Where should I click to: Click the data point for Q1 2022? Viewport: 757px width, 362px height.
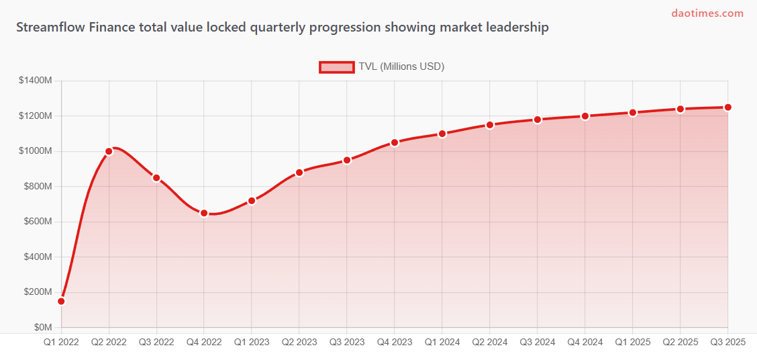pyautogui.click(x=61, y=301)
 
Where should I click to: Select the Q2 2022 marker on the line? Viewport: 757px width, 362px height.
pyautogui.click(x=109, y=151)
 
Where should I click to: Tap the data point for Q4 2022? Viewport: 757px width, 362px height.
pyautogui.click(x=204, y=213)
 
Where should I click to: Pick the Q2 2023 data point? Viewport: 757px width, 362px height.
pyautogui.click(x=299, y=172)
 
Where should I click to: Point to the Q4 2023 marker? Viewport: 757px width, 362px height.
pyautogui.click(x=395, y=142)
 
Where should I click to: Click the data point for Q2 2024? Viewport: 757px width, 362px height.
pyautogui.click(x=490, y=125)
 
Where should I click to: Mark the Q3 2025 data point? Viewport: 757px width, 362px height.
pyautogui.click(x=727, y=107)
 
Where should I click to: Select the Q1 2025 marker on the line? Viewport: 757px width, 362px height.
pyautogui.click(x=633, y=113)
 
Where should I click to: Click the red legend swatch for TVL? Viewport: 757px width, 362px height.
pyautogui.click(x=336, y=66)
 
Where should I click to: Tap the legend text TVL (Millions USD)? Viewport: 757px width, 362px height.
pyautogui.click(x=401, y=66)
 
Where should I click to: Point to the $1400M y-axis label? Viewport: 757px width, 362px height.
pyautogui.click(x=36, y=81)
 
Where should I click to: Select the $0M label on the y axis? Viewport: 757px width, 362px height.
pyautogui.click(x=43, y=327)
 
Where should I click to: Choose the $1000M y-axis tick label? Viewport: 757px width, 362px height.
pyautogui.click(x=36, y=151)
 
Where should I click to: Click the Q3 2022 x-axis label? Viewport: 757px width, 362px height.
pyautogui.click(x=156, y=342)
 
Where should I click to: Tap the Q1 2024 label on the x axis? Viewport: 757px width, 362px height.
pyautogui.click(x=442, y=342)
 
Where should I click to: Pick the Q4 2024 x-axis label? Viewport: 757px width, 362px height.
pyautogui.click(x=585, y=342)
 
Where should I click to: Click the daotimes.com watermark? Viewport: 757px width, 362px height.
pyautogui.click(x=707, y=13)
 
